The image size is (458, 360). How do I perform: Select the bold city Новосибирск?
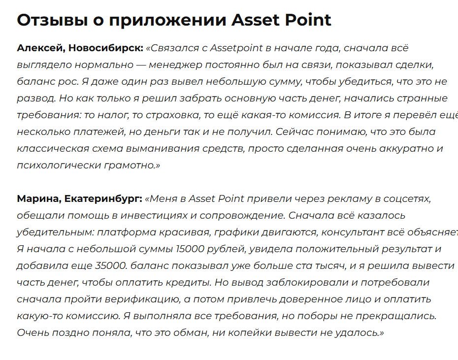[x=105, y=48]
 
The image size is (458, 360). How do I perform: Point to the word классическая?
[x=50, y=149]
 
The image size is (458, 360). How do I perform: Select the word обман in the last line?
[x=186, y=333]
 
